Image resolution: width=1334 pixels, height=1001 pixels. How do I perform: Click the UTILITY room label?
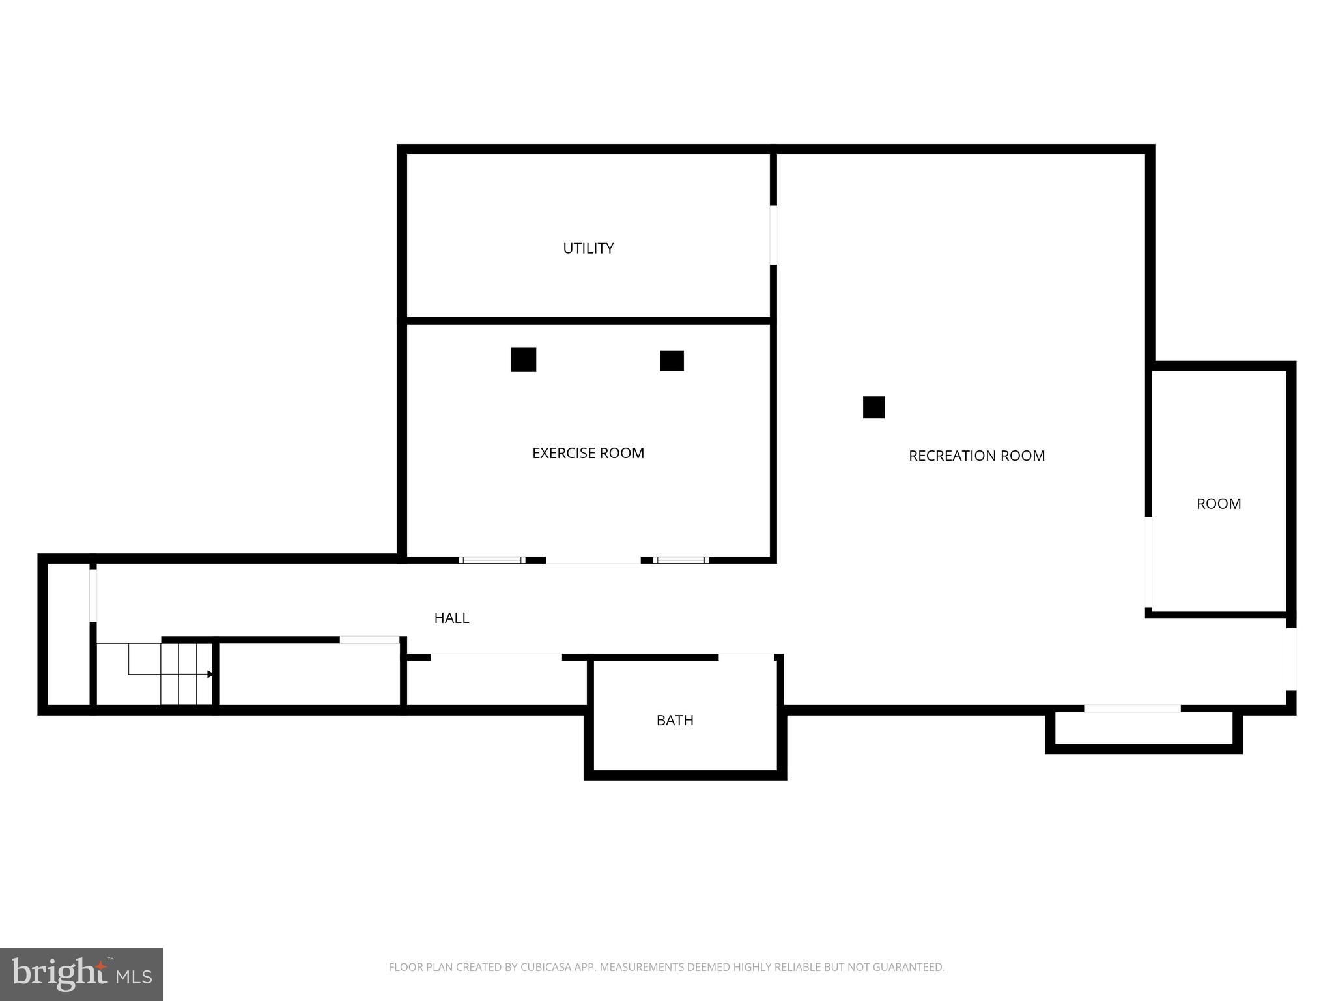(588, 248)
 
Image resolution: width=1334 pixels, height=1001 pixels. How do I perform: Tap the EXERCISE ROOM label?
(588, 454)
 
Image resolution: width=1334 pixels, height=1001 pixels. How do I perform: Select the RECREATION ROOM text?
(976, 456)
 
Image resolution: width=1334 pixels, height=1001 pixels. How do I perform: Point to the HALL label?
(451, 618)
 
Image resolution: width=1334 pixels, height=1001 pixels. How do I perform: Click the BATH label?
(675, 721)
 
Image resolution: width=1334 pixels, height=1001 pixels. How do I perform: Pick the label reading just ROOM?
(1219, 504)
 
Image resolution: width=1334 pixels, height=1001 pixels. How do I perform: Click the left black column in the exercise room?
(523, 360)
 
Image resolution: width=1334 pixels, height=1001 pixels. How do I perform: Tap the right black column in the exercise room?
(672, 361)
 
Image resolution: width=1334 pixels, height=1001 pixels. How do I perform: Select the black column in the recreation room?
(873, 407)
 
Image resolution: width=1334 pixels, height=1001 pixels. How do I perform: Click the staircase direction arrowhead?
(210, 675)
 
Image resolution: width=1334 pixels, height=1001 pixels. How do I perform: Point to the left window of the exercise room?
(492, 560)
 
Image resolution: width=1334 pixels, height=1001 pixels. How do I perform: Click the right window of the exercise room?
(681, 560)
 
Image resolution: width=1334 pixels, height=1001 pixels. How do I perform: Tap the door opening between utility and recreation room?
(773, 235)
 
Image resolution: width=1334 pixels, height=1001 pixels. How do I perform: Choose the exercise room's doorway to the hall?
(593, 560)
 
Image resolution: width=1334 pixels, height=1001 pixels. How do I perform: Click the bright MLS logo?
(81, 974)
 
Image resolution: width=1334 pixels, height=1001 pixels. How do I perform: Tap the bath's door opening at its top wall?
(746, 657)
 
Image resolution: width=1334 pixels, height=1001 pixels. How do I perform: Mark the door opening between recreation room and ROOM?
(1149, 562)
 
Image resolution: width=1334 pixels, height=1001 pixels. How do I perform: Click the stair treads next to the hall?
(187, 674)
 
